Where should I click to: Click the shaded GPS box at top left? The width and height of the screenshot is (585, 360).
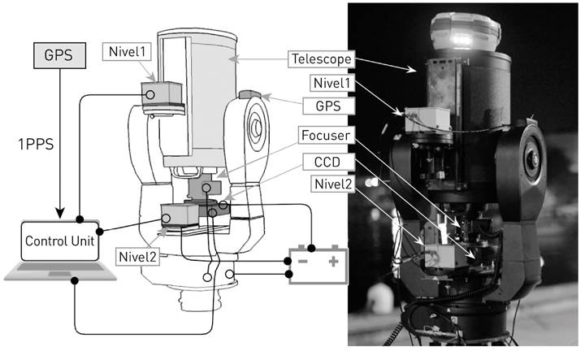(59, 55)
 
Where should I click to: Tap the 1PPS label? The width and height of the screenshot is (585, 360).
(37, 144)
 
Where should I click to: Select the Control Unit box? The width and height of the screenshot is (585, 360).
(59, 241)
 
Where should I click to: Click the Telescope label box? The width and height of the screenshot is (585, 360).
(321, 59)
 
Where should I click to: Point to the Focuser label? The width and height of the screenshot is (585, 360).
(326, 135)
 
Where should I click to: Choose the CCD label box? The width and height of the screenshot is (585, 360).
(327, 162)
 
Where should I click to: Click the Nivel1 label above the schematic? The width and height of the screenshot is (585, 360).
(127, 51)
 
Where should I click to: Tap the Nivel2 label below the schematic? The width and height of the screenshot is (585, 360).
(137, 257)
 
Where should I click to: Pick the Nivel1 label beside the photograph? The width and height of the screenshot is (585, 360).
(331, 83)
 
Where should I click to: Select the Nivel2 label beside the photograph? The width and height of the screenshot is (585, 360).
(333, 184)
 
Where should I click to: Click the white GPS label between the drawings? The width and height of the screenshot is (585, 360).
(328, 106)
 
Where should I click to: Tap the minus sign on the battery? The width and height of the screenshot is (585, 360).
(302, 261)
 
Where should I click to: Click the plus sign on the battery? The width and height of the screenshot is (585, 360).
(334, 261)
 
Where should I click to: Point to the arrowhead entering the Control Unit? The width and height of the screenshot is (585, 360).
(59, 213)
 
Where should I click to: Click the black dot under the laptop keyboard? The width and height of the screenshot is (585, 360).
(75, 280)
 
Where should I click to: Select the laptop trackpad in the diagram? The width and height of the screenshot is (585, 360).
(59, 274)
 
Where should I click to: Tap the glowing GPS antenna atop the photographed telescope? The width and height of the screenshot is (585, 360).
(465, 33)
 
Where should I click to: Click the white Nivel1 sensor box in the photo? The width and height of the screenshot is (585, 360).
(428, 119)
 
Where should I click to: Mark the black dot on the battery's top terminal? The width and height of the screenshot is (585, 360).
(311, 248)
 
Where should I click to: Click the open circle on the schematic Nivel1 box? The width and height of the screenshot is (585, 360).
(150, 95)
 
